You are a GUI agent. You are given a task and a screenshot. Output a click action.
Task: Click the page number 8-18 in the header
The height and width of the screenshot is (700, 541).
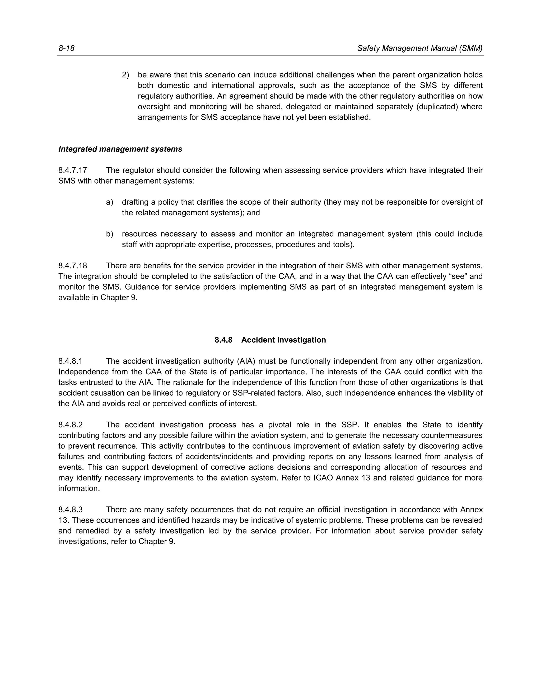coord(66,48)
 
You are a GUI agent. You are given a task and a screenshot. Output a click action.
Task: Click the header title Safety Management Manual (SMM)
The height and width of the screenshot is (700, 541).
coord(419,48)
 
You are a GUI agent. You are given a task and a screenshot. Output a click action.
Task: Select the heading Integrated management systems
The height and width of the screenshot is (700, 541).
coord(120,149)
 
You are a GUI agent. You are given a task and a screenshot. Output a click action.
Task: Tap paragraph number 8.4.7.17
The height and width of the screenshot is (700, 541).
coord(73,170)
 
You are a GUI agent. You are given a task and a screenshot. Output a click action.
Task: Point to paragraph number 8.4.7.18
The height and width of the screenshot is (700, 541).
coord(73,266)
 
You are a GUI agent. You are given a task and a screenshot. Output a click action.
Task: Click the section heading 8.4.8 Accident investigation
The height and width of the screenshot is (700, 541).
coord(270,340)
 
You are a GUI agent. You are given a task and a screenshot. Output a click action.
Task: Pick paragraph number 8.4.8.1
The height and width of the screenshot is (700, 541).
coord(71,361)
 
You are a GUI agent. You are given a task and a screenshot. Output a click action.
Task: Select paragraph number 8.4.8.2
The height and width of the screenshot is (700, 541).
coord(71,425)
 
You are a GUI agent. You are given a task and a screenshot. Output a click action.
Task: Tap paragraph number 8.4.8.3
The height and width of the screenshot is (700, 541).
coord(71,510)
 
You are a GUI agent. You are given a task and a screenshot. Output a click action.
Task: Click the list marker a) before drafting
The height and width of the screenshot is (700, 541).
coord(110,202)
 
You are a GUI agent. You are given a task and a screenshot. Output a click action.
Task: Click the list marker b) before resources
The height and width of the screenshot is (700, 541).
coord(110,234)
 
